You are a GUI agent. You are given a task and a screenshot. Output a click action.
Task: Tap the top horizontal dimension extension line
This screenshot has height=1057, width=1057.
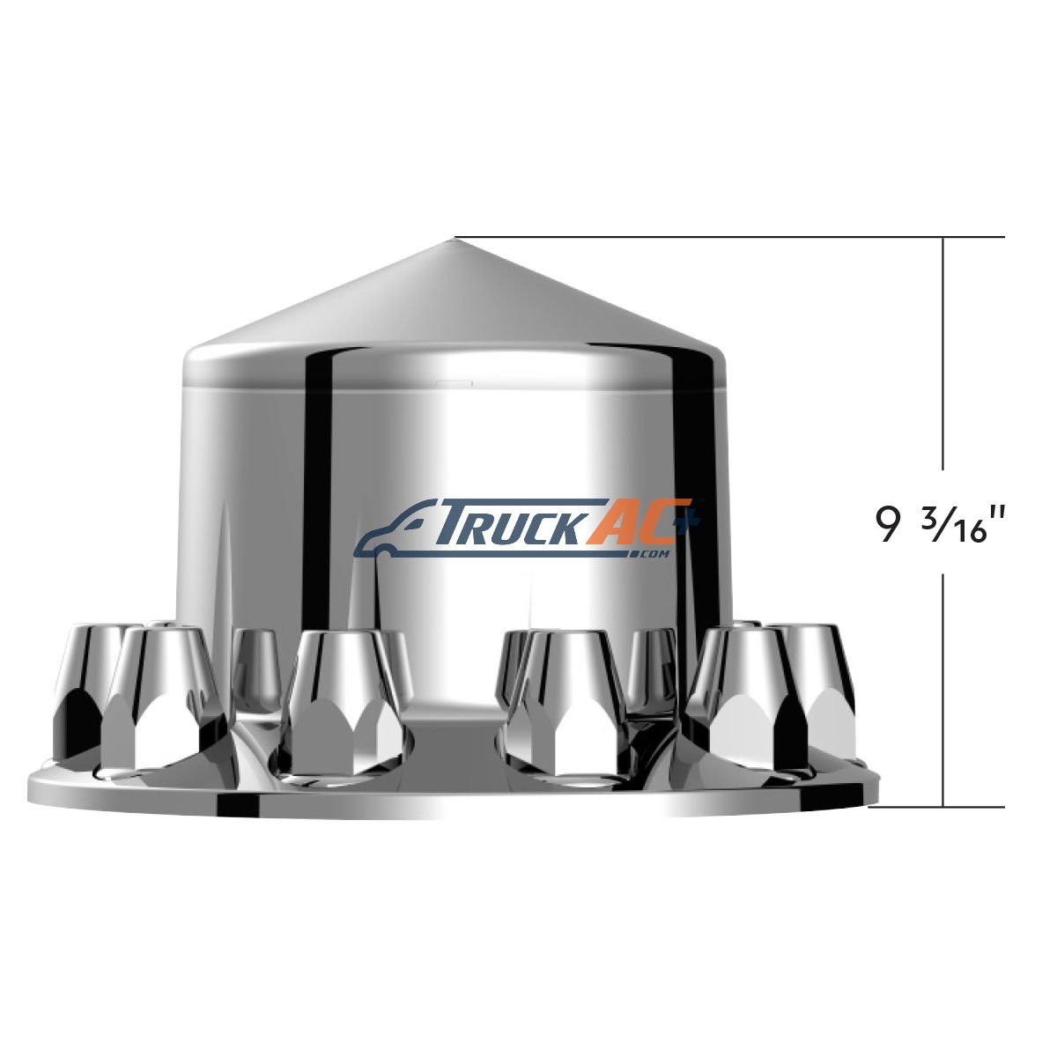click(x=729, y=237)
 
